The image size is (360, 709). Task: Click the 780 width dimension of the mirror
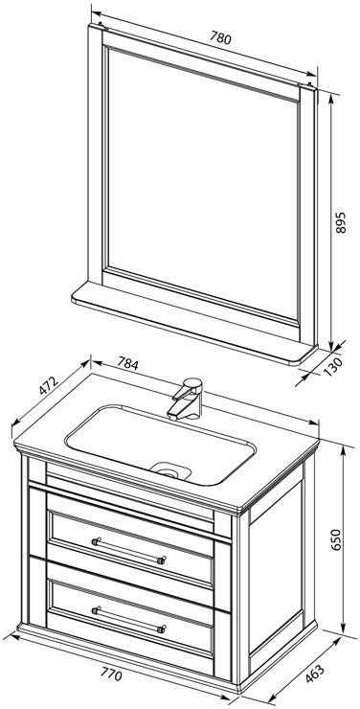(220, 39)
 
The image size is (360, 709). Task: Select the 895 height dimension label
(341, 222)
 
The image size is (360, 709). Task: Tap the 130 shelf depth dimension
(333, 367)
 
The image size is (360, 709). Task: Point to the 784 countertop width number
(128, 363)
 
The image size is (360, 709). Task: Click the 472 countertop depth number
(48, 386)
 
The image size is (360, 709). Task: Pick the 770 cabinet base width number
(111, 675)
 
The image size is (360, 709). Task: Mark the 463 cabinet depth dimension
(315, 676)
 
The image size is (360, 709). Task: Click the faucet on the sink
(186, 400)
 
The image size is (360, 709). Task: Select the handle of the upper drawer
(128, 550)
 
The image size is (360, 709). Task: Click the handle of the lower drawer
(128, 619)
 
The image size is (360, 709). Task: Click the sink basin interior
(160, 445)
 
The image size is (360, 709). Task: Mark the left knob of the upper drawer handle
(96, 541)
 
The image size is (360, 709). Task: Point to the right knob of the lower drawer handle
(161, 629)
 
